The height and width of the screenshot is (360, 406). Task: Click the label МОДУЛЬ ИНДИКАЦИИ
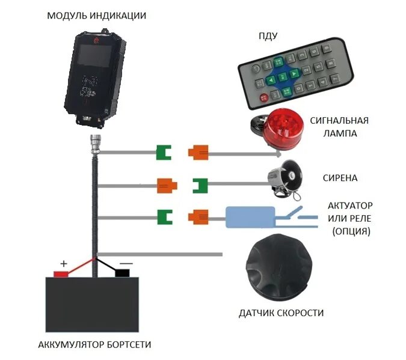[96, 16]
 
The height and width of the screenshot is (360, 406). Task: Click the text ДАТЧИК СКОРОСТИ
[281, 313]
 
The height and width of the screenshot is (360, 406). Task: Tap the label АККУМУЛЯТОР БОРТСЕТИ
[94, 344]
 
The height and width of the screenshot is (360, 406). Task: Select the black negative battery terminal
[122, 273]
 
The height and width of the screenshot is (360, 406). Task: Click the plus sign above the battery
[64, 263]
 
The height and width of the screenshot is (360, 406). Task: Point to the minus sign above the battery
[126, 263]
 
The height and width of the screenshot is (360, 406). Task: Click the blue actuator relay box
[250, 216]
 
